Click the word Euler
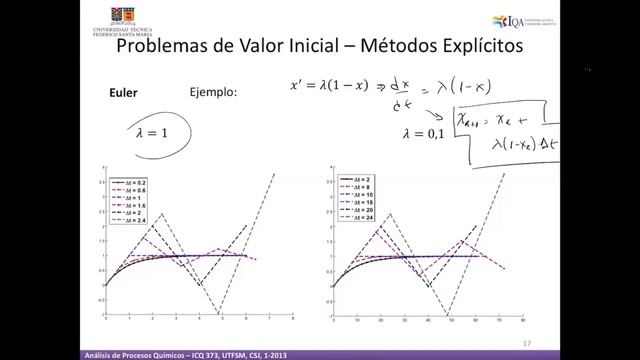122,92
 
